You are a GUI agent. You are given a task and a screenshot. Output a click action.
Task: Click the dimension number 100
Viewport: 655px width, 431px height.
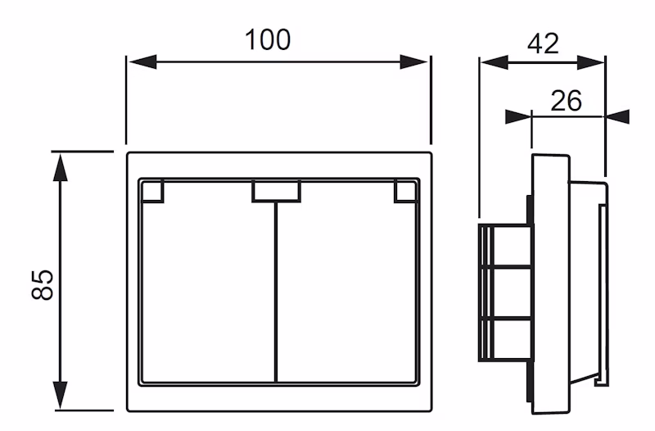(269, 39)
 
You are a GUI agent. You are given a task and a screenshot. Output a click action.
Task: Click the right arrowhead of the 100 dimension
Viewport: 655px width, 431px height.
(418, 62)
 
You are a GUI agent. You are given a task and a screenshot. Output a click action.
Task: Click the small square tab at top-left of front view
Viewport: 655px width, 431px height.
(152, 191)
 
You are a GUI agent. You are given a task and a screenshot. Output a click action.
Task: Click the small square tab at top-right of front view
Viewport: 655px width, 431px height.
(404, 191)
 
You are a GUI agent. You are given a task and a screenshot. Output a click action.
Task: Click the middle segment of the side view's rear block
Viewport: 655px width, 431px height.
(504, 292)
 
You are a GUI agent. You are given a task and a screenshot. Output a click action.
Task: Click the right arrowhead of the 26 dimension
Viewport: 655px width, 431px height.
(617, 116)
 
